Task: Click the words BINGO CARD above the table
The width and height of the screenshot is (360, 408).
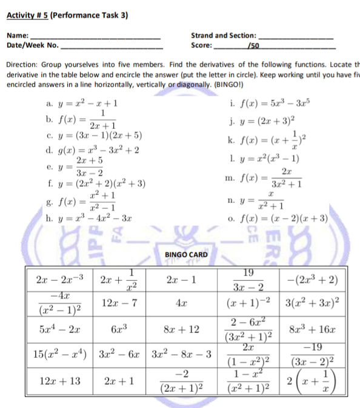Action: pyautogui.click(x=186, y=254)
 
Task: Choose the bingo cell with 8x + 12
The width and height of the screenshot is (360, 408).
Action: pyautogui.click(x=181, y=330)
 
